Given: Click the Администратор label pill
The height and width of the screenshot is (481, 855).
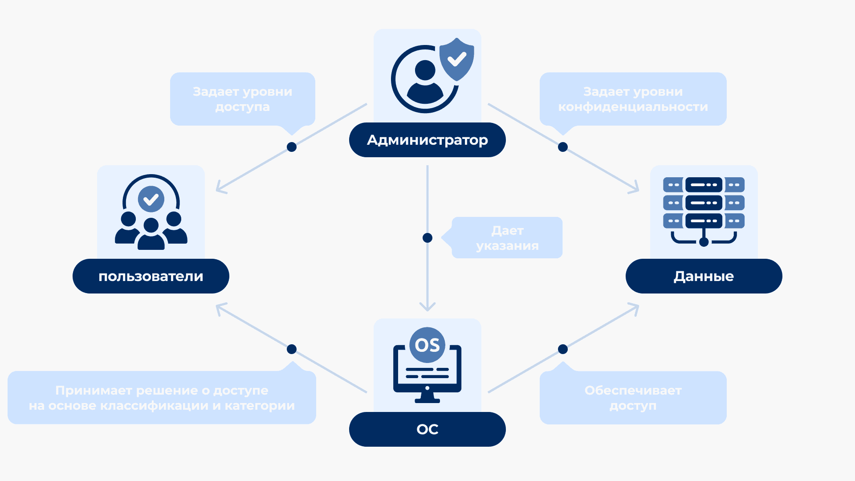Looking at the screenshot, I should pyautogui.click(x=427, y=140).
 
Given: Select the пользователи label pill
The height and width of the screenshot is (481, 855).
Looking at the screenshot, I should pyautogui.click(x=151, y=276).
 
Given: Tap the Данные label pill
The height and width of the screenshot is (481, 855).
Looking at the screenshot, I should pyautogui.click(x=704, y=276).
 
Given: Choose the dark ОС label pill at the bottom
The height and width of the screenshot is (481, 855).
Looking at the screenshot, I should pyautogui.click(x=427, y=429).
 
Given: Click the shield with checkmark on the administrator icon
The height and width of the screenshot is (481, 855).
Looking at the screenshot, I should pyautogui.click(x=456, y=59).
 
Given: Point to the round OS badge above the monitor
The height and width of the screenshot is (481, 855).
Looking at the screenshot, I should pyautogui.click(x=427, y=345).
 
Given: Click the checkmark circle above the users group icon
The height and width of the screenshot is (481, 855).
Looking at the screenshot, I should pyautogui.click(x=151, y=199).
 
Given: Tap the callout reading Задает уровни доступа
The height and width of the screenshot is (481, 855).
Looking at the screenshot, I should pyautogui.click(x=242, y=99).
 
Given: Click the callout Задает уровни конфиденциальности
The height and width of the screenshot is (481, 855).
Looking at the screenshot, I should pyautogui.click(x=633, y=99).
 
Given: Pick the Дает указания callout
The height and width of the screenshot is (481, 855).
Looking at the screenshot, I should pyautogui.click(x=507, y=238).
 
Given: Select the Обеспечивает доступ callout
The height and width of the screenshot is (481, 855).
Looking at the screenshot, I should pyautogui.click(x=633, y=398).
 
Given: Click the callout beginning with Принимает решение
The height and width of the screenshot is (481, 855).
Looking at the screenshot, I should pyautogui.click(x=162, y=398).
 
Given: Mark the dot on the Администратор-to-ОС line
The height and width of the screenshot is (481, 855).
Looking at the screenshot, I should pyautogui.click(x=427, y=238).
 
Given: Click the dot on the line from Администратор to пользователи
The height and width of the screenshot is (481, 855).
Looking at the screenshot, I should pyautogui.click(x=292, y=147).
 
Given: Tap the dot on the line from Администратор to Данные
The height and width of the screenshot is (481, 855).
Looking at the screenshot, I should pyautogui.click(x=563, y=147).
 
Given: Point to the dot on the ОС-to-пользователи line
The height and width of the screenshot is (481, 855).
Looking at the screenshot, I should pyautogui.click(x=292, y=349).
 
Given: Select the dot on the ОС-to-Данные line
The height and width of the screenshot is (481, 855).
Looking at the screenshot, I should pyautogui.click(x=563, y=349).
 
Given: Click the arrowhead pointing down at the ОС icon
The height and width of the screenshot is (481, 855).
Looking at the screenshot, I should pyautogui.click(x=427, y=307).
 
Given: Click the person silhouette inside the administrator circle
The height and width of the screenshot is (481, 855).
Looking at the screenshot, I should pyautogui.click(x=425, y=82).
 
